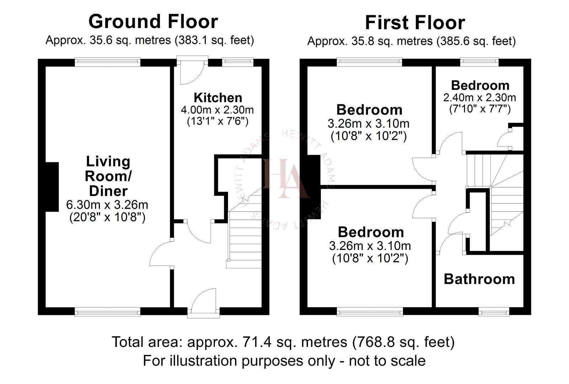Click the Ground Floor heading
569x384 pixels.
(153, 21)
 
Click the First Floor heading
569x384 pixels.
(415, 23)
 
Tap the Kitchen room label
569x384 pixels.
(218, 97)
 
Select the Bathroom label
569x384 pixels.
(479, 279)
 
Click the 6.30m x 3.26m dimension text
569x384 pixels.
(107, 205)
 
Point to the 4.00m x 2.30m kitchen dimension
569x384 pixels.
(217, 110)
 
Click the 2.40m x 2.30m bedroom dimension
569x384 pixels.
(479, 97)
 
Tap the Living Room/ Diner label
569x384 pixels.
(108, 176)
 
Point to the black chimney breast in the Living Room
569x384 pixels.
(52, 187)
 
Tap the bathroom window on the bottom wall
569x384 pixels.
(494, 312)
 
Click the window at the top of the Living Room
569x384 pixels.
(108, 62)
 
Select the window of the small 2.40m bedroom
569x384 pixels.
(479, 62)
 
